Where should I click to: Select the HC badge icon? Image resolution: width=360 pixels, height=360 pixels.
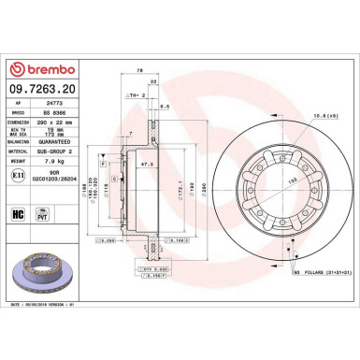18,213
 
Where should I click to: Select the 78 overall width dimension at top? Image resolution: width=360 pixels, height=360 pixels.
139,69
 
